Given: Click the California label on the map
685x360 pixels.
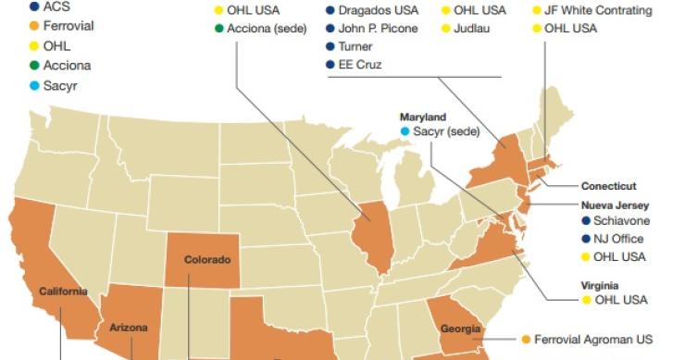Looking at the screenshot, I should (63, 292).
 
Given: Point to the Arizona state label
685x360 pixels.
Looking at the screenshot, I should (129, 328).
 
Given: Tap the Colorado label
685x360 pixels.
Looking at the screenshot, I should (207, 260).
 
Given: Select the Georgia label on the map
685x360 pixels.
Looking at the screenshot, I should (460, 329).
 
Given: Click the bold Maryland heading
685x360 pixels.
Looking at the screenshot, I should (423, 118).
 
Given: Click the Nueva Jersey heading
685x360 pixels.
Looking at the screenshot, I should (615, 205).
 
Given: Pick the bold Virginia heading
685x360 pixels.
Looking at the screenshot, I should (600, 286).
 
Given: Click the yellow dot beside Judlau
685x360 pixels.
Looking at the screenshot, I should (446, 29).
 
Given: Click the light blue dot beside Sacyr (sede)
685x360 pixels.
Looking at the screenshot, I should (405, 132).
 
